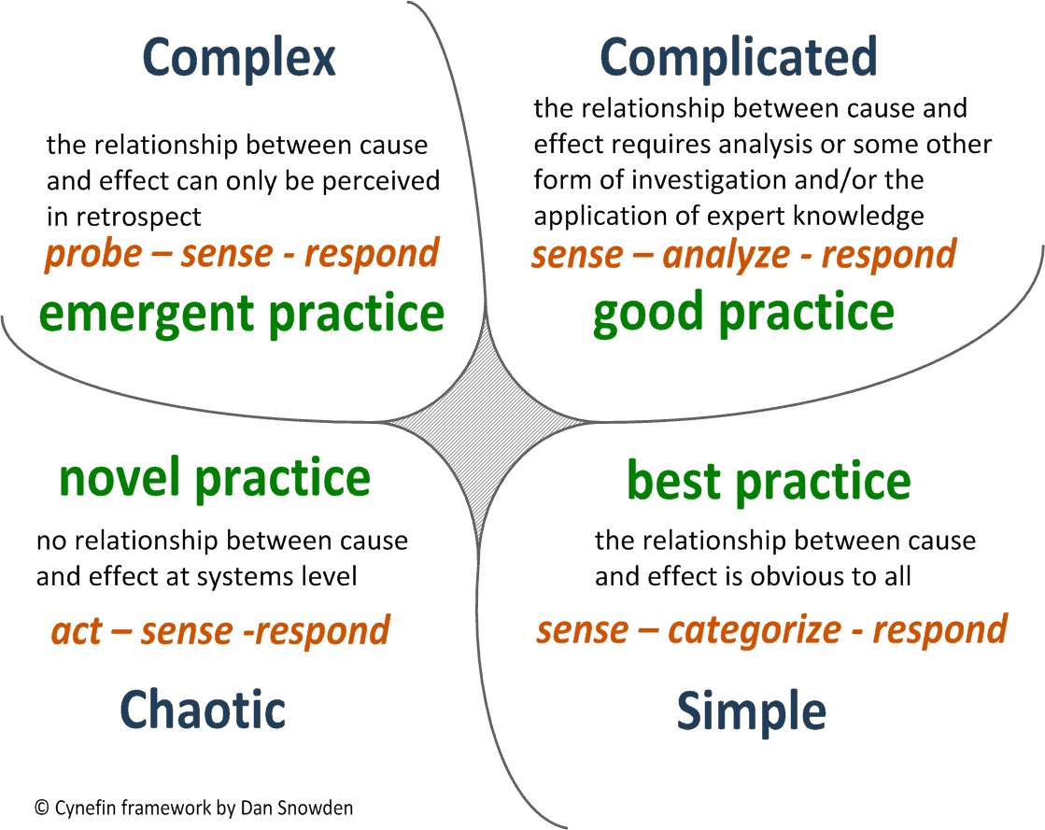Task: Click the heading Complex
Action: tap(239, 58)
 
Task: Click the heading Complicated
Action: tap(738, 58)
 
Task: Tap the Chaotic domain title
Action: tap(203, 710)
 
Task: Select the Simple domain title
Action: tap(751, 711)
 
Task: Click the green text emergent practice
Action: tap(241, 314)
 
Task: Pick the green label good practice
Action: tap(743, 314)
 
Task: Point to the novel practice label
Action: tap(215, 478)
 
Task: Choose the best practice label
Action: tap(768, 480)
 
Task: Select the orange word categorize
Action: tap(755, 630)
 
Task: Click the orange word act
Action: tap(76, 632)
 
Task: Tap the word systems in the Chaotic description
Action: tap(247, 577)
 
